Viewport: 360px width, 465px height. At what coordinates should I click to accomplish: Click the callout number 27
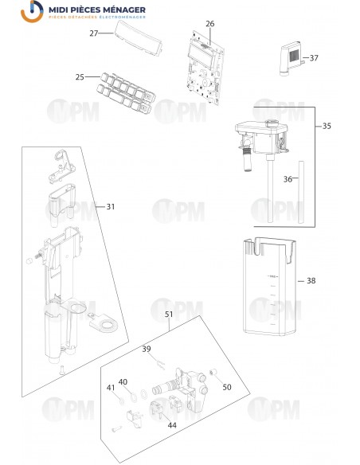[x=94, y=33]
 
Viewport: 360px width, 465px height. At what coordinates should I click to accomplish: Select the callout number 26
[x=210, y=24]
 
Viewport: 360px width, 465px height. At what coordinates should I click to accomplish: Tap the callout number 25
[x=80, y=77]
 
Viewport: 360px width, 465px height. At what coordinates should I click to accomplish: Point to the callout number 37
[x=313, y=58]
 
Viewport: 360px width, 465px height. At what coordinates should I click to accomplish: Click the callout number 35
[x=327, y=127]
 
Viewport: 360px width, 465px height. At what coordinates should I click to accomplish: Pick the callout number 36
[x=288, y=179]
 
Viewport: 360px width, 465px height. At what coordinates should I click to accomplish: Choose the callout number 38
[x=311, y=280]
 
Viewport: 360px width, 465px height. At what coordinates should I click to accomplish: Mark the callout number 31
[x=111, y=206]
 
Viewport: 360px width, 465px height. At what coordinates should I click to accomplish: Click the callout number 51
[x=169, y=314]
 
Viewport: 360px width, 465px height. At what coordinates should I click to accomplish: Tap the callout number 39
[x=147, y=349]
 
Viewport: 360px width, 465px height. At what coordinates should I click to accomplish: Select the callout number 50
[x=227, y=387]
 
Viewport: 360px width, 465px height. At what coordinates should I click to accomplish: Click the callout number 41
[x=111, y=387]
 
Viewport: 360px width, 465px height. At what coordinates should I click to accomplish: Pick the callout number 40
[x=123, y=381]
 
